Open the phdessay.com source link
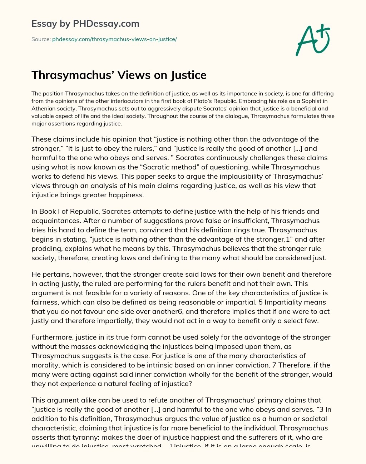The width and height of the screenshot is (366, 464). [x=114, y=39]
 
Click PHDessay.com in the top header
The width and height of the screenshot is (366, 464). [x=106, y=24]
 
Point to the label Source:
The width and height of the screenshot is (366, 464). [x=41, y=39]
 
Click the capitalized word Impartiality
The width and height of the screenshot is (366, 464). [x=290, y=302]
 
